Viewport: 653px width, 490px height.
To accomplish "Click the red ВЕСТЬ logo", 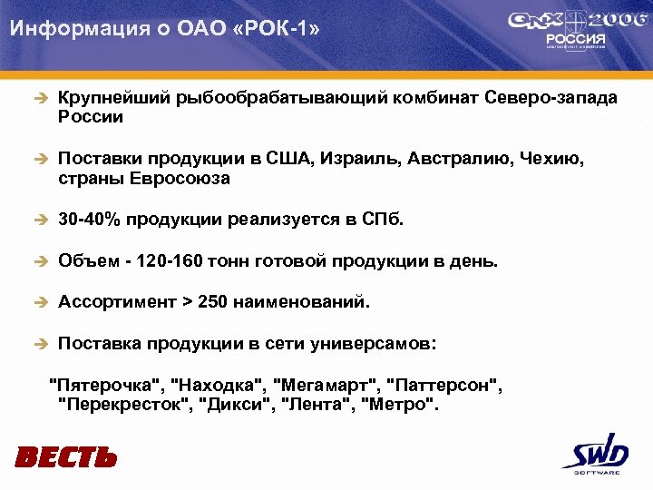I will (66, 456).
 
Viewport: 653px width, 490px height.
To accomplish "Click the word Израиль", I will (356, 160).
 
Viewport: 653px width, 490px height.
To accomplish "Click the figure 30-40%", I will (89, 220).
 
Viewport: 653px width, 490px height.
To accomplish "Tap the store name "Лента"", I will (312, 404).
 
